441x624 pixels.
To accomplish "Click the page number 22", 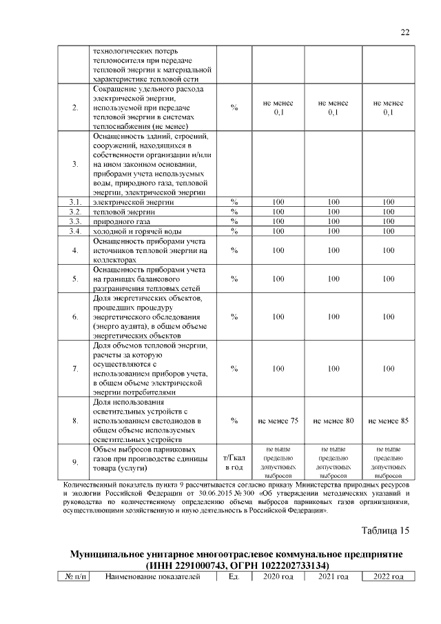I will coord(404,32).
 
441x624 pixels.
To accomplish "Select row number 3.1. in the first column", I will coord(74,202).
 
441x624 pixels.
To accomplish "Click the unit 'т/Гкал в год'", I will coord(234,463).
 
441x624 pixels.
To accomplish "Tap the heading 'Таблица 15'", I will coord(386,530).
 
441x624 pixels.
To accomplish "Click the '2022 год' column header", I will coord(388,576).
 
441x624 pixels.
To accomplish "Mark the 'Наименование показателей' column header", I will coord(152,576).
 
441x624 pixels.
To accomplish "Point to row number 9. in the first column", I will coord(74,463).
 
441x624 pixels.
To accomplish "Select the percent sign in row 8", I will coord(234,420).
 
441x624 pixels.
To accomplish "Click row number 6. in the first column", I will coord(74,316).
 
